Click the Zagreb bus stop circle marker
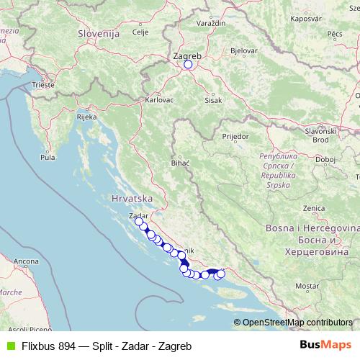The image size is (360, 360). click(188, 64)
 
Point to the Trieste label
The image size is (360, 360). click(43, 85)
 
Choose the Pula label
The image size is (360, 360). click(48, 156)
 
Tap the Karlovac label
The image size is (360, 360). click(159, 100)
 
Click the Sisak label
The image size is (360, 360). click(212, 100)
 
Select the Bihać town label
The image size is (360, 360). click(180, 163)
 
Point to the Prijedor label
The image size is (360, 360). click(235, 135)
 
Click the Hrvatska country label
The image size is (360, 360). click(130, 197)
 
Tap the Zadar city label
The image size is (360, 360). click(137, 215)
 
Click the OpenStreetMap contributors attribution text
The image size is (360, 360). click(297, 323)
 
